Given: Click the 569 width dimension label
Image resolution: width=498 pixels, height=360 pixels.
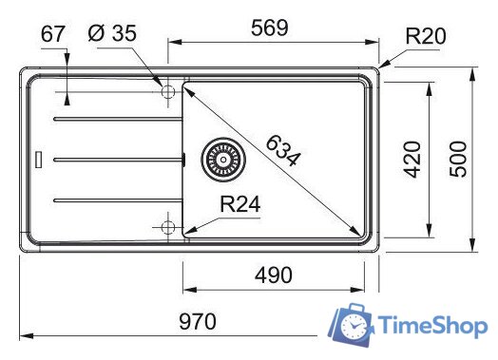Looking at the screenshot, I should [x=271, y=29].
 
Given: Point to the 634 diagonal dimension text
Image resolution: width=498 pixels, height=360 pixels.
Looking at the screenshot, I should [x=282, y=150].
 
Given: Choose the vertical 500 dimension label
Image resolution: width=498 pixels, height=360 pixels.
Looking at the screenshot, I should [x=459, y=159].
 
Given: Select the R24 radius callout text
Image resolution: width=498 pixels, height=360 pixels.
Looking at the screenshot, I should [x=240, y=204].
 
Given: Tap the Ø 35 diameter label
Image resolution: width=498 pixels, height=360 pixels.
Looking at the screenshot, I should [x=111, y=34].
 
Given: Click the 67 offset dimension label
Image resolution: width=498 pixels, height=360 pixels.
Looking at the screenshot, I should [x=54, y=34].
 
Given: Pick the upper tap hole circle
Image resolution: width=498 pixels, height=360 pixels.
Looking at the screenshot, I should [x=168, y=92].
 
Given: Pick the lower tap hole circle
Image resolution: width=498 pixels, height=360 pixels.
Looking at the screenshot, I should [x=168, y=227].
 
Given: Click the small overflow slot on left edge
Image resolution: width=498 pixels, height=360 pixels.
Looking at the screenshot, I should [x=38, y=160].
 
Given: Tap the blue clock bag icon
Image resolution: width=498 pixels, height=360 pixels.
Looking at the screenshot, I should [x=351, y=327].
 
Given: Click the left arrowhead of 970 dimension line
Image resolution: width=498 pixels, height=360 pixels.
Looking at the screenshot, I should [x=25, y=335].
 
